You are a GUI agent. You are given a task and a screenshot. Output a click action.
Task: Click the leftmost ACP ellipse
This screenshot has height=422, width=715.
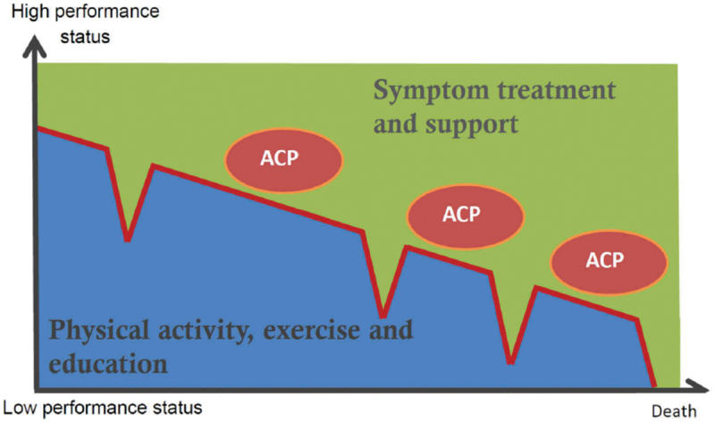click(283, 160)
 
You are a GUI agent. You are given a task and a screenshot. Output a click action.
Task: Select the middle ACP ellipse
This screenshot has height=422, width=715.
click(466, 216)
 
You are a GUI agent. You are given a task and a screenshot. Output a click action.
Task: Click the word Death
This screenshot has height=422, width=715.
click(674, 411)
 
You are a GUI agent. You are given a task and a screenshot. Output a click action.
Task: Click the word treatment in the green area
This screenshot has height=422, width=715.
click(556, 89)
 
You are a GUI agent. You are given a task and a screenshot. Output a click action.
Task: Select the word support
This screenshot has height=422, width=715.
click(472, 124)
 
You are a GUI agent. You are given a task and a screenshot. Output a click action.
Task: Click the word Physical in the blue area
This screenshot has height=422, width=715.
click(99, 330)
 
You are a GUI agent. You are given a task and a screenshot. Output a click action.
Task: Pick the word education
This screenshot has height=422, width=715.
click(108, 364)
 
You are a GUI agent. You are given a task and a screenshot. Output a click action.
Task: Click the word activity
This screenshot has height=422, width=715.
click(206, 331)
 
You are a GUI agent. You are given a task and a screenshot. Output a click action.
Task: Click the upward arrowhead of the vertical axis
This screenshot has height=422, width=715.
click(34, 46)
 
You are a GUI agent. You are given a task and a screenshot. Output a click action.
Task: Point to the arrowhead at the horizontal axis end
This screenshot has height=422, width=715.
click(699, 386)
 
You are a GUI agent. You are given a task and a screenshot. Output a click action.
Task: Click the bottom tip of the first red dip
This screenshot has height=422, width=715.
click(128, 240)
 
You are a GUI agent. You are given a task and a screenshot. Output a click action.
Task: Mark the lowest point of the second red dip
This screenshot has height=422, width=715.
click(383, 316)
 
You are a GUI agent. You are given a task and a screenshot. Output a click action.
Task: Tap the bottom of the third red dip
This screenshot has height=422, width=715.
click(510, 363)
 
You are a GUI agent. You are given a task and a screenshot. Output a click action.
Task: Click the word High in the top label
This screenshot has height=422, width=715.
click(29, 12)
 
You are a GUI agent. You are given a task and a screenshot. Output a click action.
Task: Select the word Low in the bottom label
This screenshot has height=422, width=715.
click(20, 408)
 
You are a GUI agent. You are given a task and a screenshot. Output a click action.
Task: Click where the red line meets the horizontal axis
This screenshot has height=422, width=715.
click(655, 387)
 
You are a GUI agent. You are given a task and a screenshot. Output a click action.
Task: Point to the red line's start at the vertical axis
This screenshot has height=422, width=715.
click(38, 128)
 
